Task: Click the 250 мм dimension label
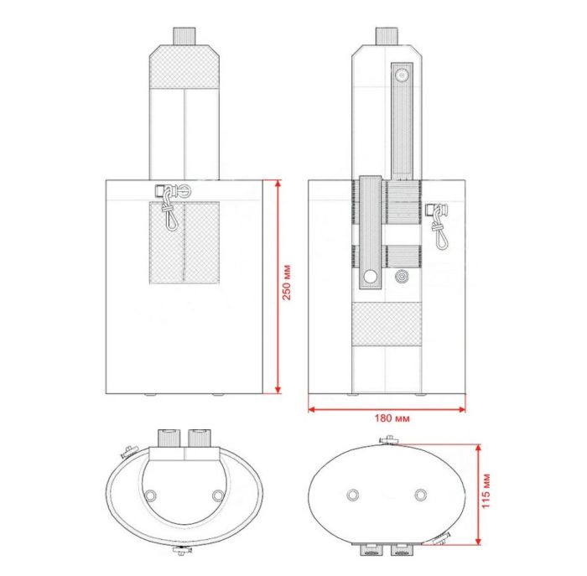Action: [x=287, y=283]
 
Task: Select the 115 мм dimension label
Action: [x=486, y=490]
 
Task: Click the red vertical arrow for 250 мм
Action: [x=278, y=287]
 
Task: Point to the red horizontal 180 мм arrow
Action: [x=387, y=409]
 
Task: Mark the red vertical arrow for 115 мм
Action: [x=478, y=495]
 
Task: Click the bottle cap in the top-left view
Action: [x=184, y=36]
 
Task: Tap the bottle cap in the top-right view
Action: [x=387, y=36]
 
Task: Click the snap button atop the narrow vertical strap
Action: [x=403, y=76]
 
